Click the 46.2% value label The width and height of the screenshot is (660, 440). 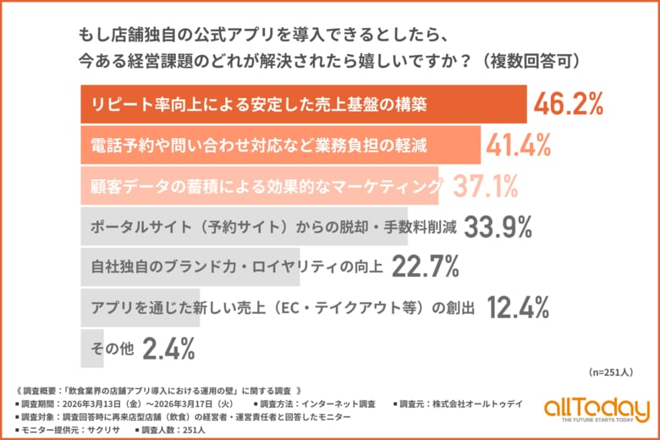tap(568, 105)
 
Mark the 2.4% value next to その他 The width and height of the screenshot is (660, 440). tap(169, 347)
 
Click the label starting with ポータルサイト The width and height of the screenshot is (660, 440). tap(274, 226)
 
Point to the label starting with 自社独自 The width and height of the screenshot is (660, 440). tap(237, 267)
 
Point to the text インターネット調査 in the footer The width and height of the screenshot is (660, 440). tap(348, 404)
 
